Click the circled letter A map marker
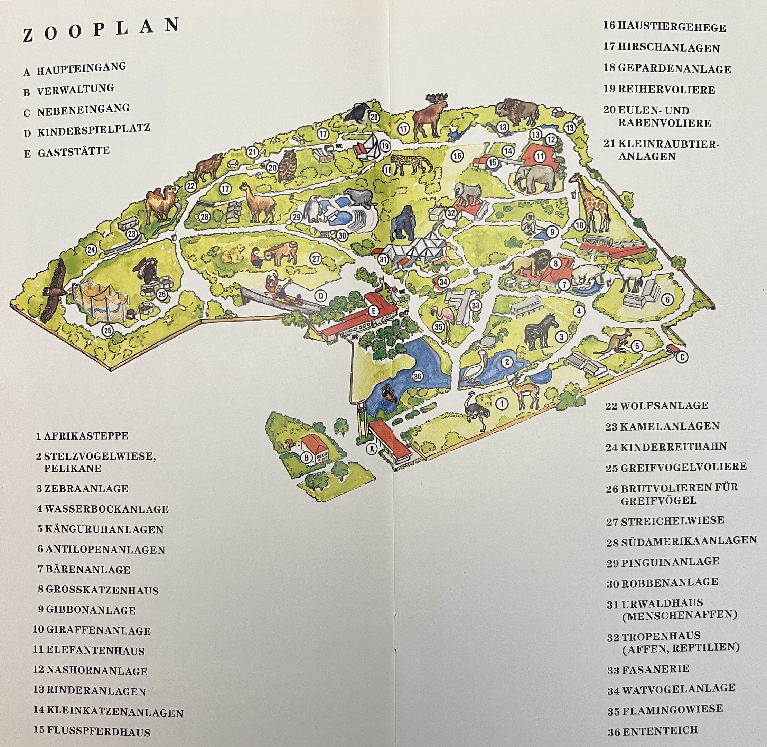pyautogui.click(x=371, y=448)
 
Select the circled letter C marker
pyautogui.click(x=682, y=357)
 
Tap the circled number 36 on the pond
pyautogui.click(x=417, y=376)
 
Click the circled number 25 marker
pyautogui.click(x=107, y=330)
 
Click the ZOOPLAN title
pyautogui.click(x=101, y=30)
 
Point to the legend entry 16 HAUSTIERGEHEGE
pyautogui.click(x=664, y=27)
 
